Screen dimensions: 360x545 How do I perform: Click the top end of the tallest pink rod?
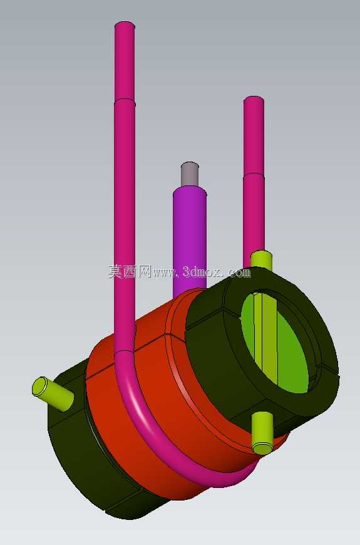pos(125,24)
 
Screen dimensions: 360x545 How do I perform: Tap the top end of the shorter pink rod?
pos(254,100)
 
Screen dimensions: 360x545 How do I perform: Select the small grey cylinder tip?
pos(190,174)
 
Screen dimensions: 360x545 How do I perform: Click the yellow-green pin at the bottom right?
pos(262,433)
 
